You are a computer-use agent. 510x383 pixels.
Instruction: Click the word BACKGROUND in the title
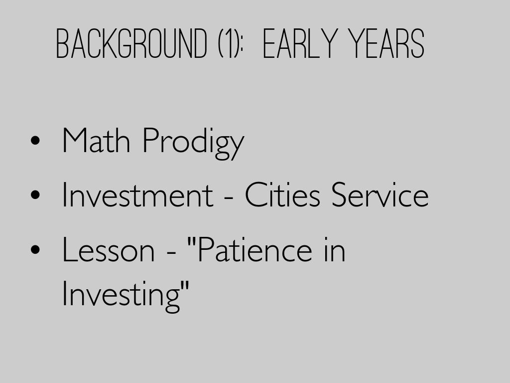pyautogui.click(x=131, y=43)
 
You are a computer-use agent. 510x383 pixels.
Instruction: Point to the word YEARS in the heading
pyautogui.click(x=386, y=43)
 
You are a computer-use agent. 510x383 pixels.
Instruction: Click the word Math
pyautogui.click(x=96, y=140)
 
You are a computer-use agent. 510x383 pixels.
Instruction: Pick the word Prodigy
pyautogui.click(x=194, y=143)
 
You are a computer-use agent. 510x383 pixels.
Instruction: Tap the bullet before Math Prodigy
pyautogui.click(x=35, y=140)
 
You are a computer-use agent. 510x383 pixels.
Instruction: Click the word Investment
pyautogui.click(x=137, y=194)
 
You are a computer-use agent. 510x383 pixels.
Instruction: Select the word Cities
pyautogui.click(x=282, y=194)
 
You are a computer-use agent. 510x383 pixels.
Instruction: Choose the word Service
pyautogui.click(x=380, y=194)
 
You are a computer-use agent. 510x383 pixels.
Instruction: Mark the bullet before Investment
pyautogui.click(x=35, y=195)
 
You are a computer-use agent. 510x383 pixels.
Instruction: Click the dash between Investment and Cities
pyautogui.click(x=229, y=197)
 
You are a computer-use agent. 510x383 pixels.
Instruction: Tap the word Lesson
pyautogui.click(x=108, y=250)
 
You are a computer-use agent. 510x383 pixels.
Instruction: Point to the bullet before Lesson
pyautogui.click(x=35, y=250)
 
